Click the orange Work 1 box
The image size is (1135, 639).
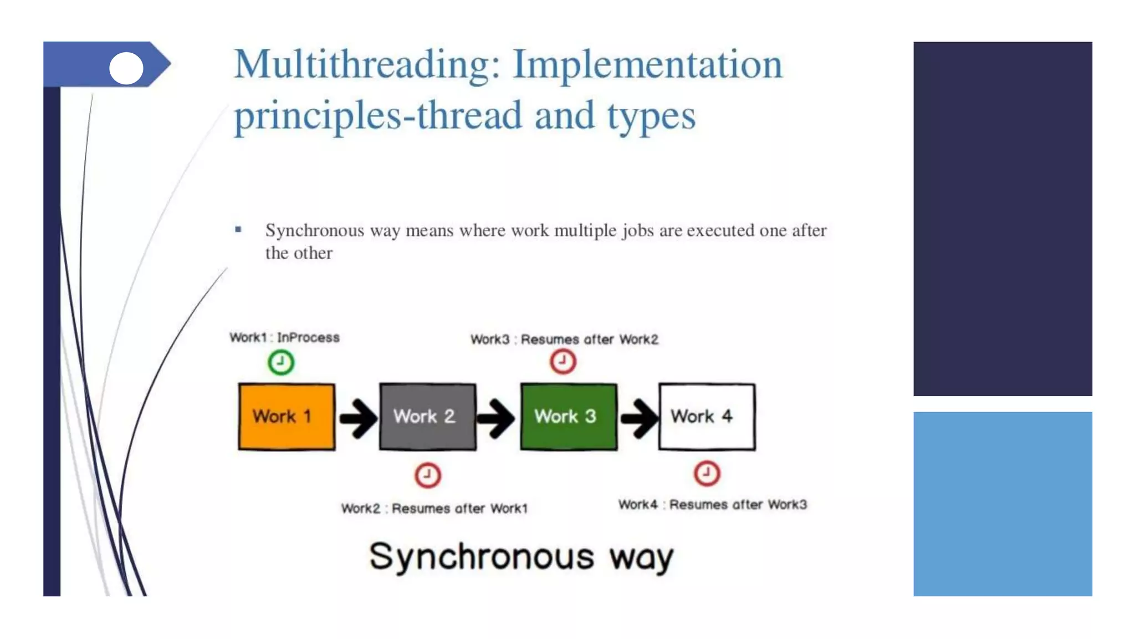pos(287,416)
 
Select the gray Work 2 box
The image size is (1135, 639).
pos(427,416)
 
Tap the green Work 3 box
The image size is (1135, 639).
pos(569,416)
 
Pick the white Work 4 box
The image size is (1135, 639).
pos(707,416)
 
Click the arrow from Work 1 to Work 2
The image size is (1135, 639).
pos(358,418)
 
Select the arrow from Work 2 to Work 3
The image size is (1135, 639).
pos(496,418)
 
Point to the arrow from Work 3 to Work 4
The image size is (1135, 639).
pos(638,418)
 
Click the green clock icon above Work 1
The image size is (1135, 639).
pos(281,362)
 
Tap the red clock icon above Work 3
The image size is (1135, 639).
pos(563,361)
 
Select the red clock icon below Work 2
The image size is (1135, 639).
pos(427,475)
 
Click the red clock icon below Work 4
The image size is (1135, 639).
pos(707,473)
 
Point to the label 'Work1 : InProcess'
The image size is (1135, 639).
pos(284,337)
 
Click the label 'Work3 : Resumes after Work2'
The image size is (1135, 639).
pos(564,339)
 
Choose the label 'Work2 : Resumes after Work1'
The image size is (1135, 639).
pos(434,508)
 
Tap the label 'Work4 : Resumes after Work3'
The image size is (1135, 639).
pos(713,504)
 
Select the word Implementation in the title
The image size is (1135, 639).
pos(647,64)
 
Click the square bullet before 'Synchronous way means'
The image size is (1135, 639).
pos(238,229)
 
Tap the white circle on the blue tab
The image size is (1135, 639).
pos(126,68)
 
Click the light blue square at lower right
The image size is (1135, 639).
pos(1003,504)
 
